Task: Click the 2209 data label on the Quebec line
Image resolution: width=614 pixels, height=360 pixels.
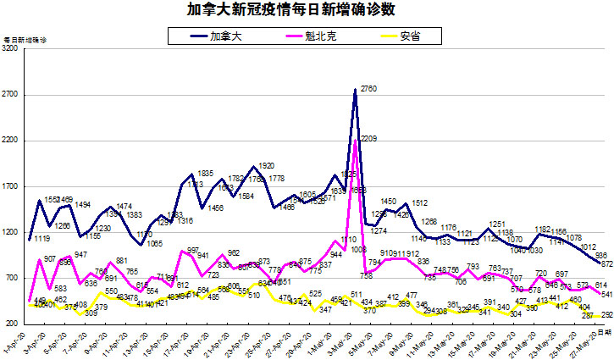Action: pyautogui.click(x=368, y=139)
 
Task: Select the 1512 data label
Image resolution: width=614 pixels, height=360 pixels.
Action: pyautogui.click(x=421, y=203)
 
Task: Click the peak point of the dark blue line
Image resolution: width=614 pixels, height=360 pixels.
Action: pyautogui.click(x=356, y=90)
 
